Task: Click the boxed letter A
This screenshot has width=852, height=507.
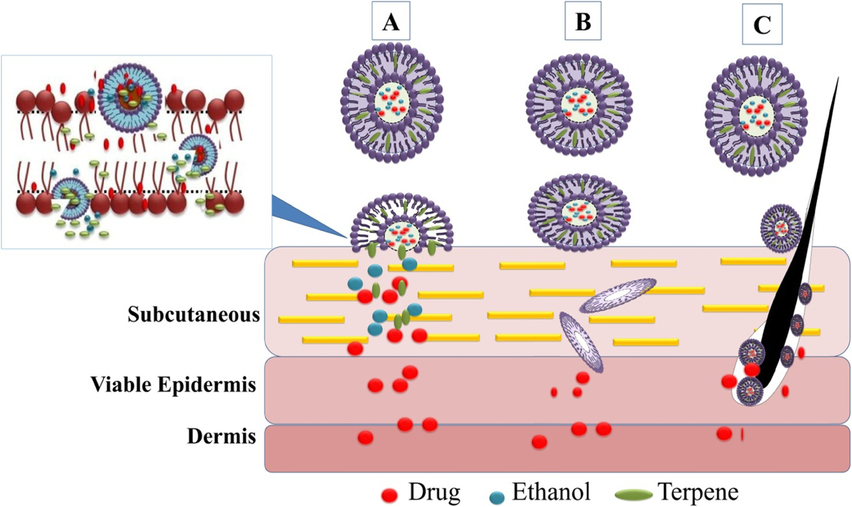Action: [391, 23]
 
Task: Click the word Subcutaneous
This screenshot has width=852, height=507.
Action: [193, 314]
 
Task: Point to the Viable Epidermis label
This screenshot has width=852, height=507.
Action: [174, 384]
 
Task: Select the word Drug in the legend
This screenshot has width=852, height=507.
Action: [434, 493]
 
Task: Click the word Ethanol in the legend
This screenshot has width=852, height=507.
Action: [551, 493]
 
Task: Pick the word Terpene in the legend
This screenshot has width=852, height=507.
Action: [698, 493]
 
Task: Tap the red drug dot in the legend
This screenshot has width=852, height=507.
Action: [390, 496]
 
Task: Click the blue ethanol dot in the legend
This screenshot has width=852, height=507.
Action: [496, 496]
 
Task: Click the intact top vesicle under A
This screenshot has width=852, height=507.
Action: [392, 106]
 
